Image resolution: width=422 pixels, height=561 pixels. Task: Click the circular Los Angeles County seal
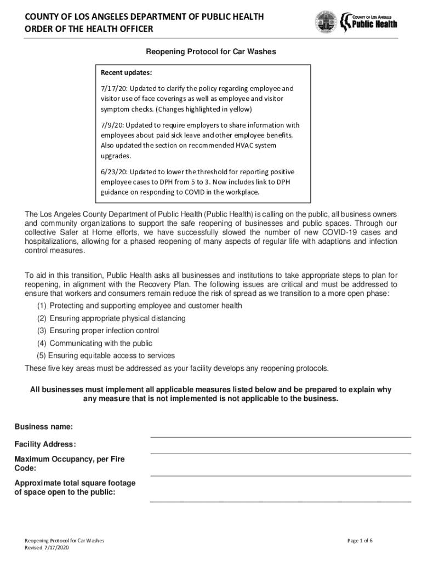click(x=326, y=22)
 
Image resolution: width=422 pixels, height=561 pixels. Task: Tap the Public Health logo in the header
click(x=369, y=22)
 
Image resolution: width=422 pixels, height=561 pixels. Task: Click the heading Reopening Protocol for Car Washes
click(x=210, y=52)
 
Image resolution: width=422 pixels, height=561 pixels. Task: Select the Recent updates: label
click(x=127, y=73)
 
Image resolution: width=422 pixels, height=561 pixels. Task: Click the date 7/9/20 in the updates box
click(x=111, y=124)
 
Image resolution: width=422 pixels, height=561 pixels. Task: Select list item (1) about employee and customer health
click(x=140, y=306)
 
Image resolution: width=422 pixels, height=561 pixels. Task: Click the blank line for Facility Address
click(x=281, y=453)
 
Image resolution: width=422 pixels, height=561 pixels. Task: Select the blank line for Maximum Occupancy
click(x=281, y=475)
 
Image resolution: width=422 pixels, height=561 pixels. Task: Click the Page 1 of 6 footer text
click(x=360, y=541)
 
